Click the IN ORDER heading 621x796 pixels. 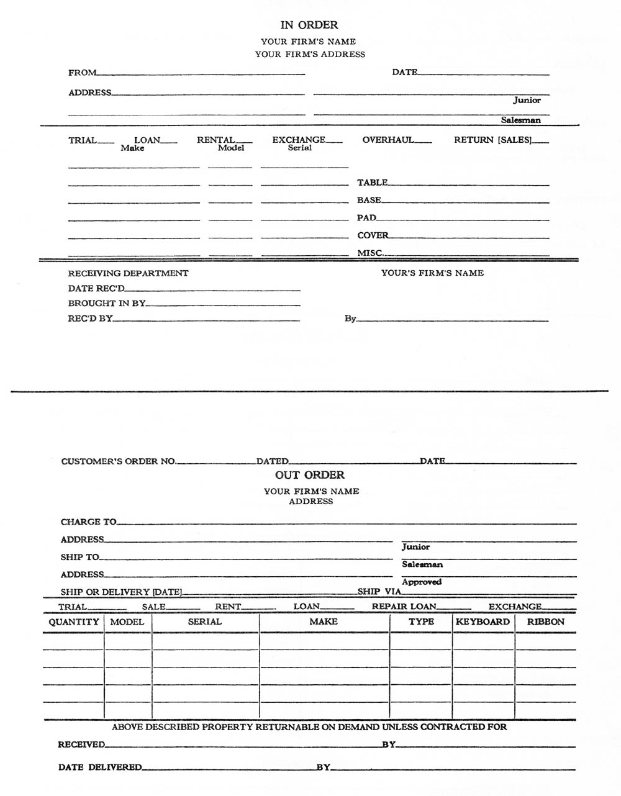[309, 25]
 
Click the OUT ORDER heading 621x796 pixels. [310, 475]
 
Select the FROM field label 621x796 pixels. [83, 73]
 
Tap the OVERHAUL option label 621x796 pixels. [388, 140]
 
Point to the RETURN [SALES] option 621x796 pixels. [493, 140]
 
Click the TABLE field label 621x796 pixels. [373, 183]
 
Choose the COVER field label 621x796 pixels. [373, 235]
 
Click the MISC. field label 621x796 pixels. [370, 253]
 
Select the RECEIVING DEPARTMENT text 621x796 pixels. [128, 273]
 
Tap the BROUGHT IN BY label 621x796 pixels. [107, 304]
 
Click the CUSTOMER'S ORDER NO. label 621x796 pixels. [119, 461]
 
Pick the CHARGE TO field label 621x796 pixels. [89, 522]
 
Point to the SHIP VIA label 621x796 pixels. [379, 592]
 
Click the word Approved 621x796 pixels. [422, 582]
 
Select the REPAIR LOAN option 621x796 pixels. [404, 607]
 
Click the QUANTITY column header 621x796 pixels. [74, 622]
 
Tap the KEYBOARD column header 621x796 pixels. [483, 622]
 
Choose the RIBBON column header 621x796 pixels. [546, 622]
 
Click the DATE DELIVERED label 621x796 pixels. [100, 767]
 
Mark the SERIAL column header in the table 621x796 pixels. [205, 622]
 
